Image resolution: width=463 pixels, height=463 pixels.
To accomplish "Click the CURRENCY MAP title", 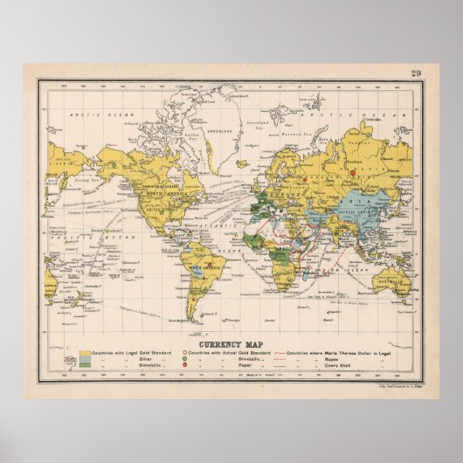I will [231, 342].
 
